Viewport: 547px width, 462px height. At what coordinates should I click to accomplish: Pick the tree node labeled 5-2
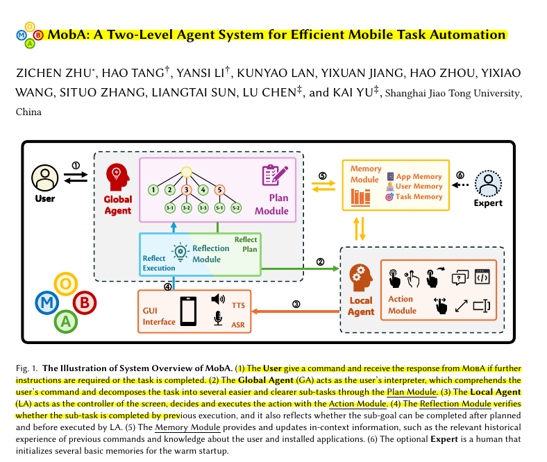[x=236, y=207]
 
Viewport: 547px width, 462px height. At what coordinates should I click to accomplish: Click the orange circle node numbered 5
[x=219, y=189]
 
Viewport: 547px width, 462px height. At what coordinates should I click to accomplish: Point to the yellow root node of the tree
[x=186, y=172]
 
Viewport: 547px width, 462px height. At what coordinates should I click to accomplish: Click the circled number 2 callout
[x=320, y=262]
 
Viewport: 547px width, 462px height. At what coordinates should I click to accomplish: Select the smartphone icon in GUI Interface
[x=188, y=311]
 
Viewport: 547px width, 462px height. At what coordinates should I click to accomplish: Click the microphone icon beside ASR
[x=218, y=318]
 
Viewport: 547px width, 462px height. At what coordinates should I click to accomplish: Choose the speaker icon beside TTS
[x=218, y=300]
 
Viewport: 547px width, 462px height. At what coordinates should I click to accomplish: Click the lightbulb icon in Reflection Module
[x=180, y=251]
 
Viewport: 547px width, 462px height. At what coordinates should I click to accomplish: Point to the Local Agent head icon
[x=359, y=276]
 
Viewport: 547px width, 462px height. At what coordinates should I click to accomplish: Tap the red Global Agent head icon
[x=116, y=176]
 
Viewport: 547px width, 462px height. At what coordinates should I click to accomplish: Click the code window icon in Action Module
[x=482, y=277]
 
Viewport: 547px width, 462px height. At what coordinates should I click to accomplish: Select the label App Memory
[x=419, y=177]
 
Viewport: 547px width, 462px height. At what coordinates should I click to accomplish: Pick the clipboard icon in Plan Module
[x=273, y=176]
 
